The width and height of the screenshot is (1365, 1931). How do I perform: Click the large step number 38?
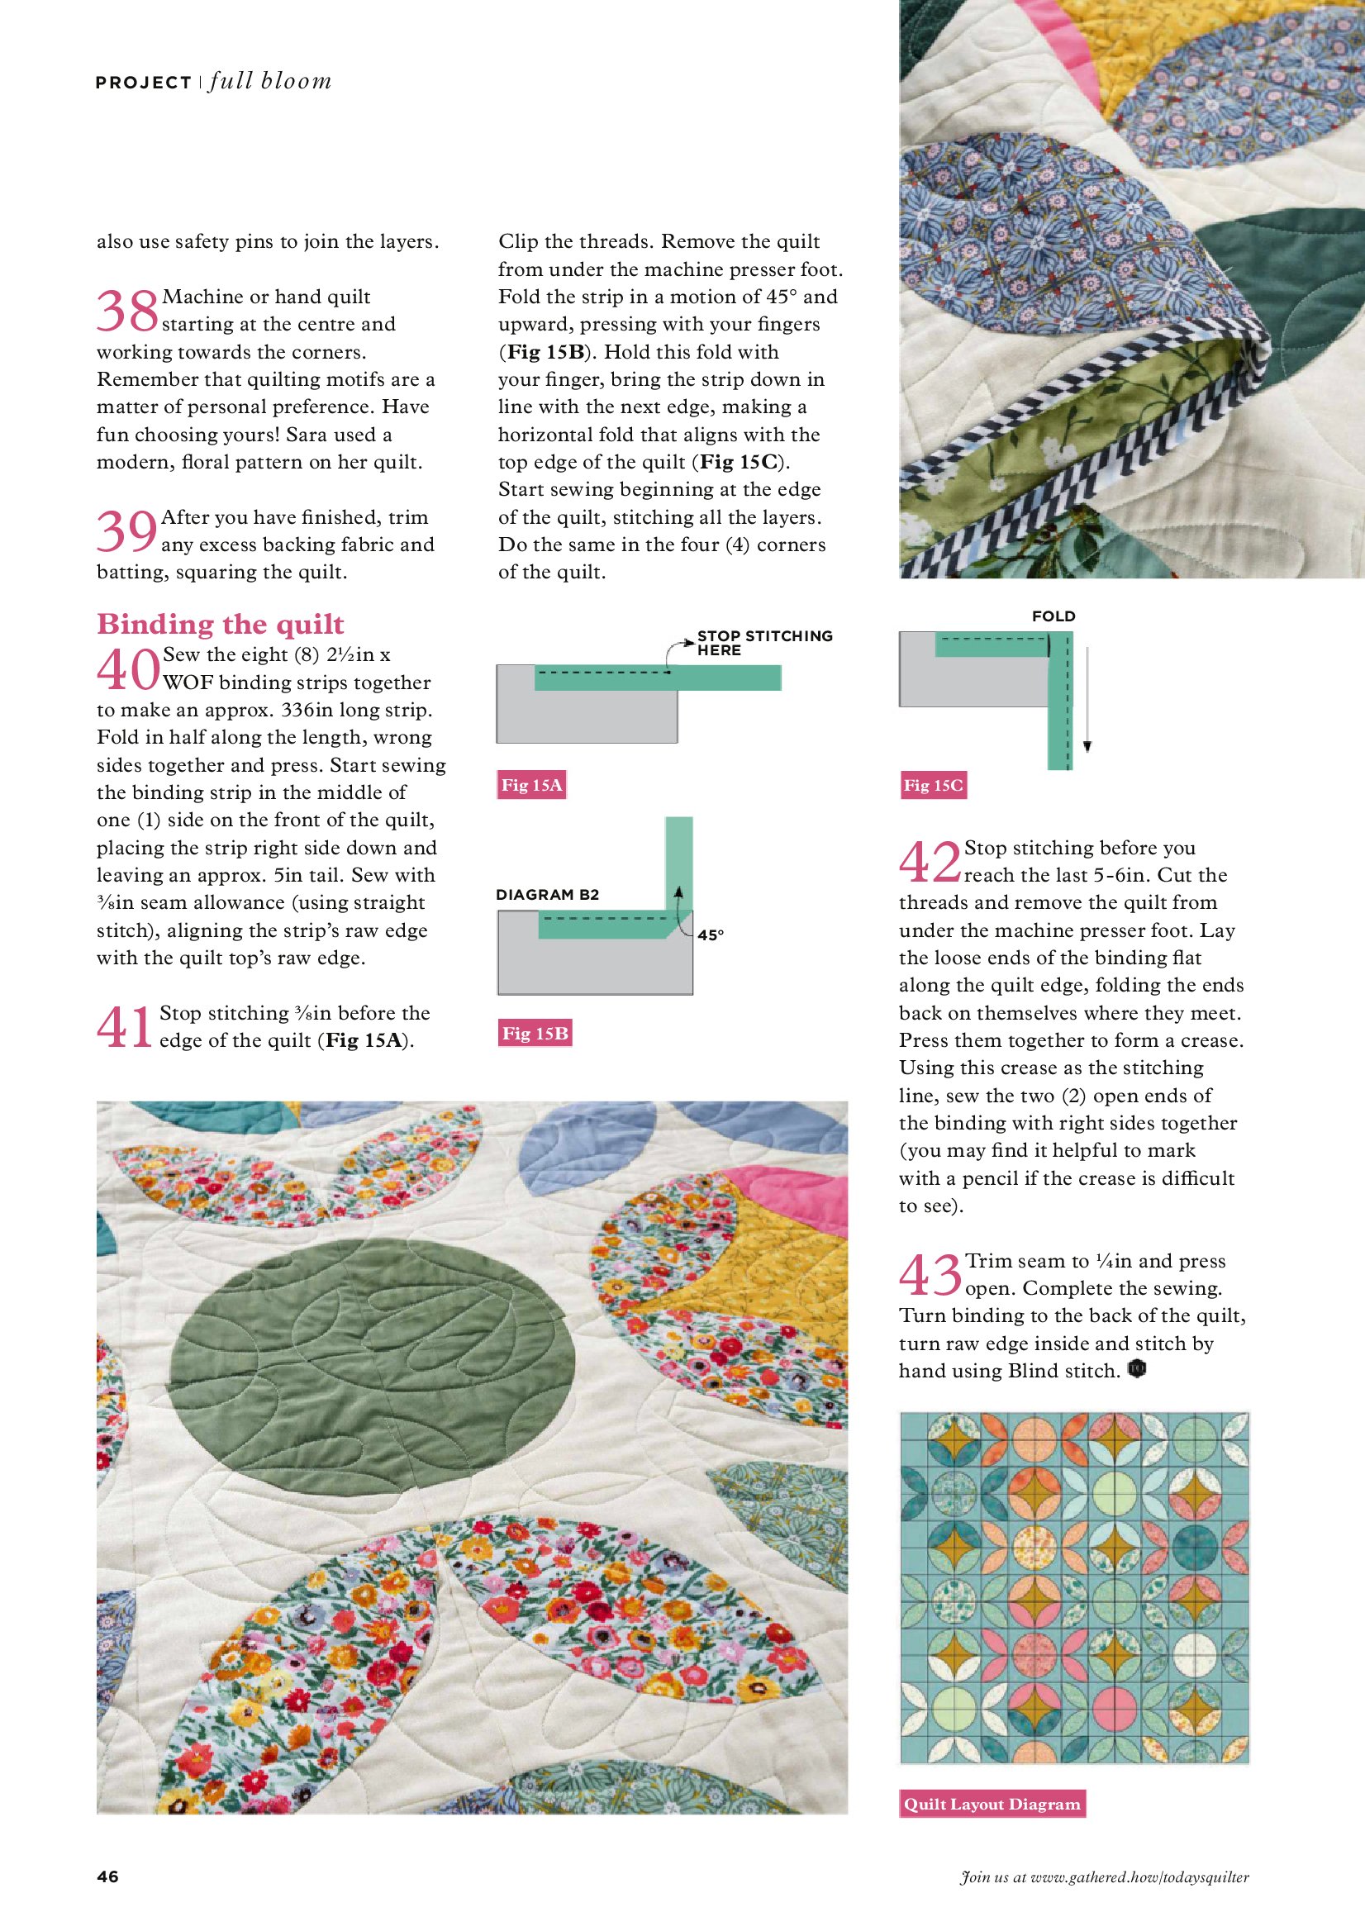[x=127, y=311]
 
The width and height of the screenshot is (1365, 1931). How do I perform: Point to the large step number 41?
[x=126, y=1027]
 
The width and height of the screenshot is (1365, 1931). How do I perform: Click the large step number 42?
[x=930, y=862]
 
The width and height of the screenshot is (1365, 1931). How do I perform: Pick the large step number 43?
[x=930, y=1275]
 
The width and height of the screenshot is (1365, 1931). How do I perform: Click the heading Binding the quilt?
[x=221, y=624]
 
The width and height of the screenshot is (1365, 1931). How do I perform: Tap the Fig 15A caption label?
[x=531, y=785]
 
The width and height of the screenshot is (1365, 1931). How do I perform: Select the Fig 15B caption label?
[x=535, y=1033]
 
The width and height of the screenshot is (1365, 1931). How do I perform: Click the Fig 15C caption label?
[x=933, y=785]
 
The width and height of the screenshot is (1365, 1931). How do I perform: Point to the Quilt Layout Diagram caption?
[x=992, y=1803]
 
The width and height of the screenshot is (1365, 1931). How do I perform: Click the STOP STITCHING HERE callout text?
[x=764, y=643]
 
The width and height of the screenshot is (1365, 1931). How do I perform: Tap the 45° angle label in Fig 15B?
[x=711, y=935]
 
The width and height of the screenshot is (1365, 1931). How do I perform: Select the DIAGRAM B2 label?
[x=548, y=894]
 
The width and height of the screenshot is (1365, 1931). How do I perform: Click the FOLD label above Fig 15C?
[x=1053, y=616]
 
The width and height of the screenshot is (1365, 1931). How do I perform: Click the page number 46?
[x=107, y=1876]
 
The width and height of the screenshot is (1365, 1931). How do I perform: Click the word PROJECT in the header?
[x=144, y=83]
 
